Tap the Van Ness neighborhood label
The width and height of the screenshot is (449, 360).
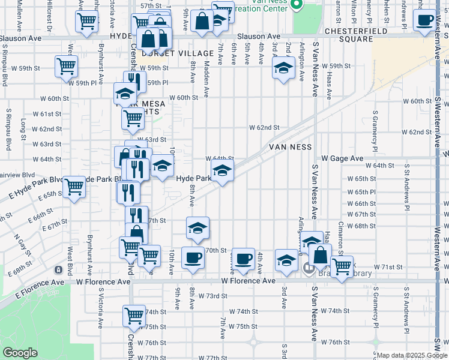[289, 146]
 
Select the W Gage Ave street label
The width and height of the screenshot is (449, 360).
[342, 158]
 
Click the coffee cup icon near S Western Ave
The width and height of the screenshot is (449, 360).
[425, 22]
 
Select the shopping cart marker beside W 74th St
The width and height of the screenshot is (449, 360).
[134, 315]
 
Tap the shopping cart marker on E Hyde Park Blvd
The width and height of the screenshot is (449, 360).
[74, 187]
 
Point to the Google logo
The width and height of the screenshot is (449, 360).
[20, 352]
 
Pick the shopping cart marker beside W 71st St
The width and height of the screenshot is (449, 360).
[342, 267]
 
